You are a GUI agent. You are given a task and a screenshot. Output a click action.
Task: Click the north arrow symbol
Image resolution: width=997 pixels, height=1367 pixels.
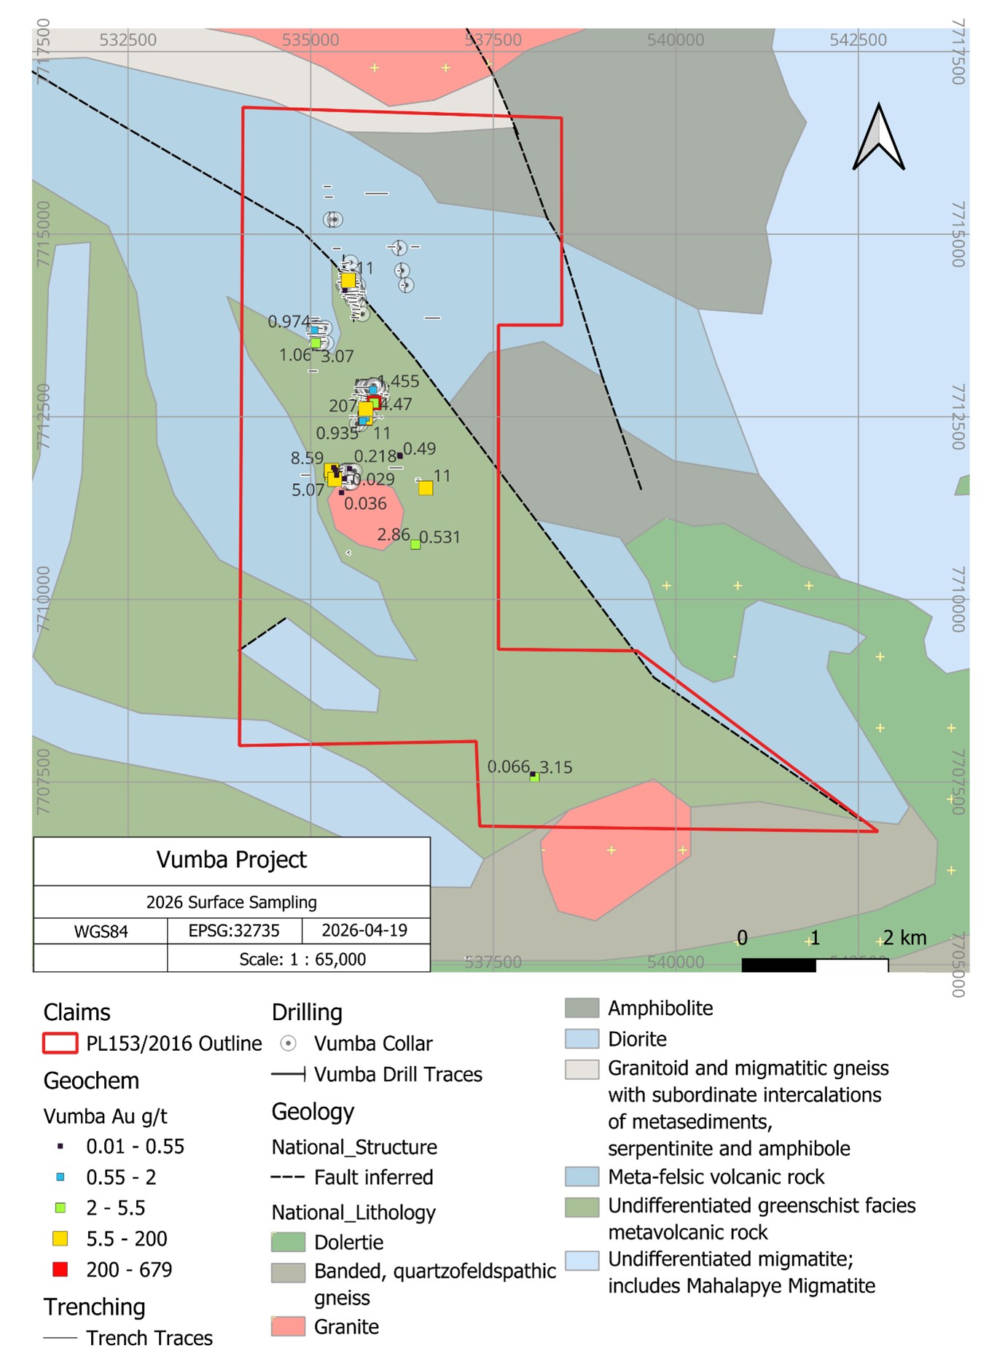878,138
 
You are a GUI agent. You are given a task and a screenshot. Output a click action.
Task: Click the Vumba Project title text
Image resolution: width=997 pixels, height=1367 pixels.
232,860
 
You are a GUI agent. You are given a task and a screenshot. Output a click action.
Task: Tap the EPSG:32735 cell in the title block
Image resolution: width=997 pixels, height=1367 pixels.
234,931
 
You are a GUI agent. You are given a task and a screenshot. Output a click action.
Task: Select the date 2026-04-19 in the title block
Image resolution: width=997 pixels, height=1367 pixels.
364,931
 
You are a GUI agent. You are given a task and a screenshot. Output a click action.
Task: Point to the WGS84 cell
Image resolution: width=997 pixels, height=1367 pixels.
101,931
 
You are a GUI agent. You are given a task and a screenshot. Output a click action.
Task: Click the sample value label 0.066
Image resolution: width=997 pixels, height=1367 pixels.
508,767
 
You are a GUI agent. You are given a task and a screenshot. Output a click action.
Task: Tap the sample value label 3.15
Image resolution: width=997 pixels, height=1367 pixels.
556,767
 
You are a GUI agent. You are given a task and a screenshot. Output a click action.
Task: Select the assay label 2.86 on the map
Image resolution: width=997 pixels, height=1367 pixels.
394,535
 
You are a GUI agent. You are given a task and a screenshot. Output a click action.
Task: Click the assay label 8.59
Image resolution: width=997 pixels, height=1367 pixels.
307,458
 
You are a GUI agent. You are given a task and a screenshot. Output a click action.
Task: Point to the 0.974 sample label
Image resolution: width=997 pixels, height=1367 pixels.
289,321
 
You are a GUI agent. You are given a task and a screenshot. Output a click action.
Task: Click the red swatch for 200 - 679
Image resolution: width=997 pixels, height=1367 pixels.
60,1269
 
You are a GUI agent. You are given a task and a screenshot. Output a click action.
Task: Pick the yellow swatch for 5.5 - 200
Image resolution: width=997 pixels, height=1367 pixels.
60,1238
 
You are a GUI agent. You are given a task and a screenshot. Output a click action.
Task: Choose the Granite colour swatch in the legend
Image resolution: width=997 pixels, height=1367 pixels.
288,1326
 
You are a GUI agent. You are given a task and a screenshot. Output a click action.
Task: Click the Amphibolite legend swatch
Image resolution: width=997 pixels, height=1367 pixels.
582,1008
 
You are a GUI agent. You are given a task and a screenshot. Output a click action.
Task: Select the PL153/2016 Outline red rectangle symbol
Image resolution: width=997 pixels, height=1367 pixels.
60,1043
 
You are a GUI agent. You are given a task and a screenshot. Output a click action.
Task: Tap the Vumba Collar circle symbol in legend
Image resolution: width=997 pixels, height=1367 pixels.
289,1043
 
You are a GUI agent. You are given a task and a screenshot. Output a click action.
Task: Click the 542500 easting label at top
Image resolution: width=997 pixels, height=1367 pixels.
858,40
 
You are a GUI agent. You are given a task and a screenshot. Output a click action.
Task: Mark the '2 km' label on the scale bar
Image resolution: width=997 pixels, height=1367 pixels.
904,938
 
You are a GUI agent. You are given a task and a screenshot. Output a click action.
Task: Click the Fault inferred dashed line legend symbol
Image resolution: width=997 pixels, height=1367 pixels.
288,1177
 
